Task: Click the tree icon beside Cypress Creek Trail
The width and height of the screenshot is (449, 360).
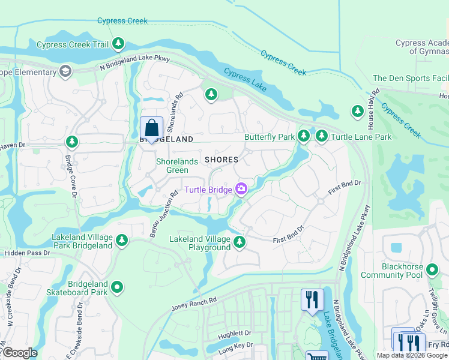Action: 119,44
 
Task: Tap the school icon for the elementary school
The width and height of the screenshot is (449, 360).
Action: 65,72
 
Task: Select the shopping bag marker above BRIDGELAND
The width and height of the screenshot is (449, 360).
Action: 151,128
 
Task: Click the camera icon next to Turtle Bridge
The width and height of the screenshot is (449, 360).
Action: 241,190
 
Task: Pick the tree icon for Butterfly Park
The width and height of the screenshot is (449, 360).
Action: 304,137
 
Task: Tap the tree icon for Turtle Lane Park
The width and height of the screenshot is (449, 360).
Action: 322,137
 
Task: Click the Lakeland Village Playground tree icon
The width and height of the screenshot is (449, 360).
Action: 240,242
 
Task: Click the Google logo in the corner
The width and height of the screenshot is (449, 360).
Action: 19,353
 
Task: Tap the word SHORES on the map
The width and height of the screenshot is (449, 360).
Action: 221,160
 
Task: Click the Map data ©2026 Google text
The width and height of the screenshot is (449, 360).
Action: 412,355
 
